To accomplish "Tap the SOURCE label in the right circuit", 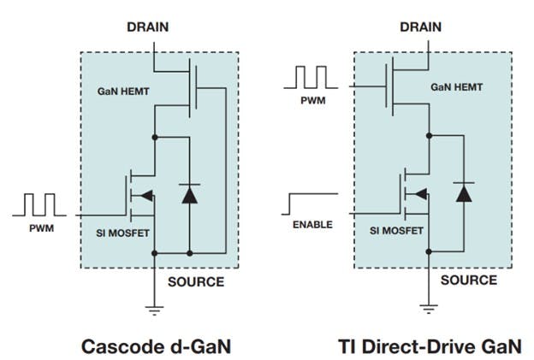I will pyautogui.click(x=468, y=280).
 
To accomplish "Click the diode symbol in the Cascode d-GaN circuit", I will pyautogui.click(x=189, y=195).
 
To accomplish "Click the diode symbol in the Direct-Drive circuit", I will pyautogui.click(x=463, y=193).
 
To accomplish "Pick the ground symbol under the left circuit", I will pyautogui.click(x=154, y=311).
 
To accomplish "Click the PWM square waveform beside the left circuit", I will pyautogui.click(x=40, y=205).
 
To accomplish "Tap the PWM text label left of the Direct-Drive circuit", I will pyautogui.click(x=311, y=100).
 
